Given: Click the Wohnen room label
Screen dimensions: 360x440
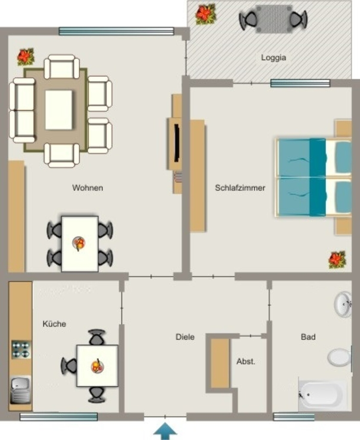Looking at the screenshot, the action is pyautogui.click(x=88, y=188).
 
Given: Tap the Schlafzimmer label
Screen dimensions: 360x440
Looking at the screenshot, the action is pyautogui.click(x=240, y=188).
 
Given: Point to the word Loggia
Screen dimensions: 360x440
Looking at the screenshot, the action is pyautogui.click(x=274, y=58).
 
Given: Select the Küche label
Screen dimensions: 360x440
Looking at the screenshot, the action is pyautogui.click(x=55, y=324).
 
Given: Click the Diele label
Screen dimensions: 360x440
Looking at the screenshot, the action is pyautogui.click(x=185, y=337).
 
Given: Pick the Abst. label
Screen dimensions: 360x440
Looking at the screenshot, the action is pyautogui.click(x=246, y=361).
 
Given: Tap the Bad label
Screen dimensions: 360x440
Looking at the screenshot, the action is pyautogui.click(x=308, y=337).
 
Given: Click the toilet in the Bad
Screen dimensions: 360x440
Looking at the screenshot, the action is pyautogui.click(x=339, y=357).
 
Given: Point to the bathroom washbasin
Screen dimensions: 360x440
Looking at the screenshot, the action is pyautogui.click(x=343, y=304).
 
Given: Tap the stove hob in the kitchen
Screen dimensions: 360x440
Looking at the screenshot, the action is pyautogui.click(x=21, y=350).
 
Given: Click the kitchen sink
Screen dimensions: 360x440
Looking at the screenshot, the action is pyautogui.click(x=21, y=390).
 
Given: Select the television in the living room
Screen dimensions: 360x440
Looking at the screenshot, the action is pyautogui.click(x=177, y=143).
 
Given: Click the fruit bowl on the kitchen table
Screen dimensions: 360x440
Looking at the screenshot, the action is pyautogui.click(x=98, y=366).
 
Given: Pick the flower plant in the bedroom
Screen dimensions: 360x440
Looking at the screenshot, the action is pyautogui.click(x=337, y=260).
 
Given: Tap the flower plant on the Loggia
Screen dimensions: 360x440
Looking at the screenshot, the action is pyautogui.click(x=206, y=13).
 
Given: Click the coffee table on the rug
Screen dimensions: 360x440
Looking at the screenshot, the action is pyautogui.click(x=59, y=110).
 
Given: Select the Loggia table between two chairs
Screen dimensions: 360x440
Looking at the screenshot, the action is pyautogui.click(x=274, y=19).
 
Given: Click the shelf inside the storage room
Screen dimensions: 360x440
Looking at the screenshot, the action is pyautogui.click(x=220, y=364).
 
